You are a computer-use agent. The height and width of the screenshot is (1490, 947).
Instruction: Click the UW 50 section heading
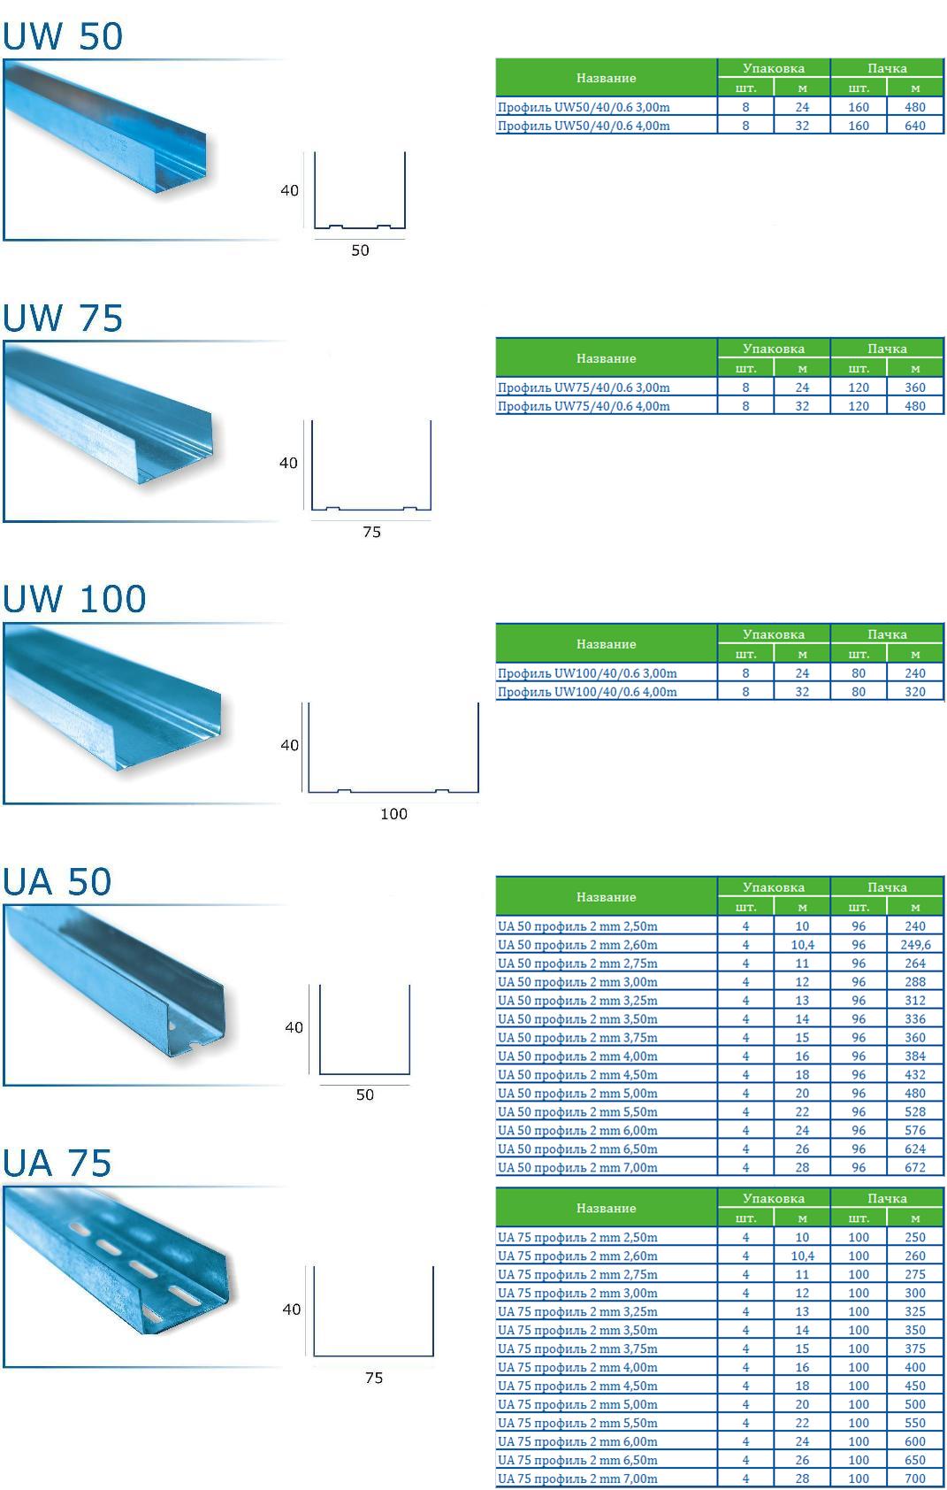click(63, 36)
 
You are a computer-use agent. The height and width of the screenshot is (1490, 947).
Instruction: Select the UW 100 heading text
click(73, 599)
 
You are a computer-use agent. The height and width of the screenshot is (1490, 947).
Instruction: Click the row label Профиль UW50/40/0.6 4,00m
click(584, 126)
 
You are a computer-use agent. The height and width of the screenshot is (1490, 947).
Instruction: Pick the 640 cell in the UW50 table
click(914, 126)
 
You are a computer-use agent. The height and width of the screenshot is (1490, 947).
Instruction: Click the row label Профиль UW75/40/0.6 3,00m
click(584, 388)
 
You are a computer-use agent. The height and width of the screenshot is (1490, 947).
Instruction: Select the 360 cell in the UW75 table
click(914, 388)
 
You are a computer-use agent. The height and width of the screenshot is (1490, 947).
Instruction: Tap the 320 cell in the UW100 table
click(914, 692)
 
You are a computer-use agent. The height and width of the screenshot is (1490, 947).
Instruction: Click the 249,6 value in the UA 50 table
click(914, 945)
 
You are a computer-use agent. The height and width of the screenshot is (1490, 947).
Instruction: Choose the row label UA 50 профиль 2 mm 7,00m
click(577, 1167)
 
